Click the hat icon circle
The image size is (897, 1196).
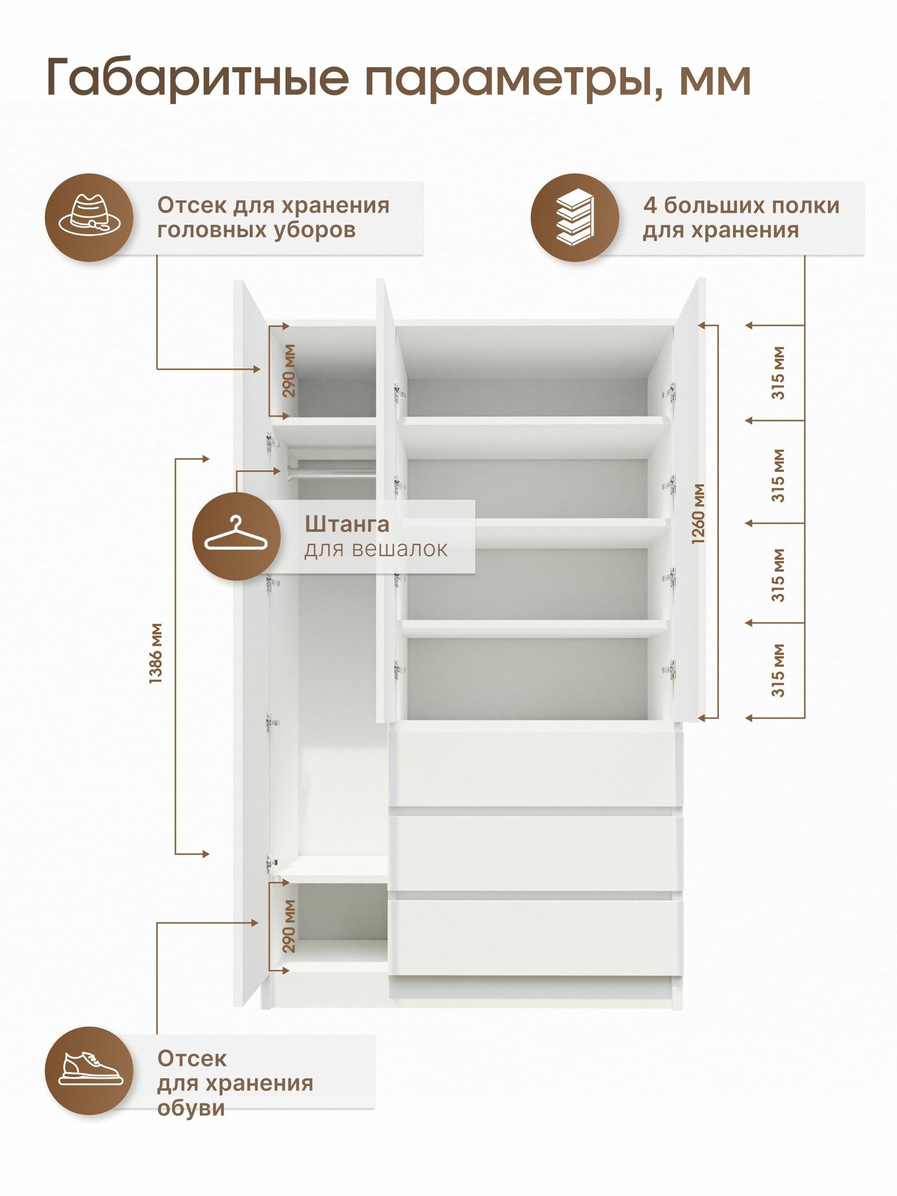89,218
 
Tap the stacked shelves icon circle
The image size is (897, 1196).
575,218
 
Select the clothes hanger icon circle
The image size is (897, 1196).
236,536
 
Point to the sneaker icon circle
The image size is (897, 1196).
89,1070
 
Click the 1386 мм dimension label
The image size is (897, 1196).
155,653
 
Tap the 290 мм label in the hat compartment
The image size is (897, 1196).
289,371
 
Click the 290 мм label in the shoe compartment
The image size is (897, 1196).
289,926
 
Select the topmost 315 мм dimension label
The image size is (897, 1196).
777,373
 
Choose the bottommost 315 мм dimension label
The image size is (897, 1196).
777,670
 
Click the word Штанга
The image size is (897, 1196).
347,524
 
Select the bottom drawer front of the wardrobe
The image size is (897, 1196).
535,937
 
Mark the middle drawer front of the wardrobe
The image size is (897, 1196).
535,853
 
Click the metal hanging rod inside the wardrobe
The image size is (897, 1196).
335,473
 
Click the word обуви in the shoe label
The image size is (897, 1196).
191,1108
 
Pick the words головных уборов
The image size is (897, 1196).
256,230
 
